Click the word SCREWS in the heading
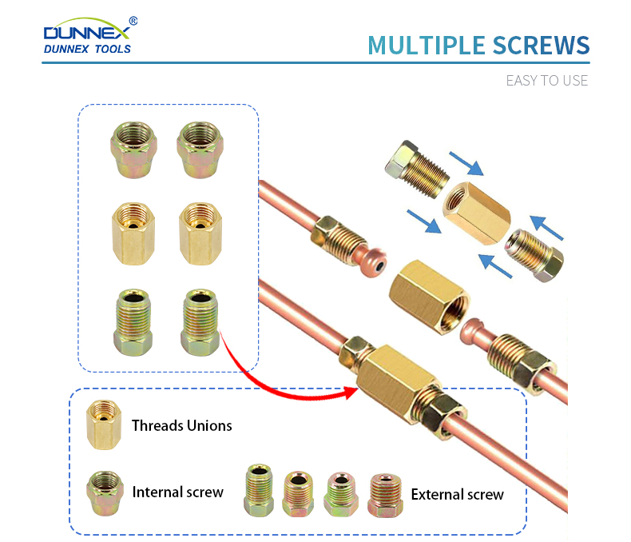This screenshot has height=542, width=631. (542, 45)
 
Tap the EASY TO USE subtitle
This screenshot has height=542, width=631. (547, 81)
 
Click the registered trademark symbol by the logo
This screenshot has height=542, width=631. (133, 21)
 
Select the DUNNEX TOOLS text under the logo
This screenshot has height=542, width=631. (87, 49)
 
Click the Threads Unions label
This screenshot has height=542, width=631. (182, 425)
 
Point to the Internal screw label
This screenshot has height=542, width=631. (177, 492)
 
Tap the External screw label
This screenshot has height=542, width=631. (457, 495)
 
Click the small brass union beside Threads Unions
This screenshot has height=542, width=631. (104, 424)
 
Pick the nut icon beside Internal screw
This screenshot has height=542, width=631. (105, 493)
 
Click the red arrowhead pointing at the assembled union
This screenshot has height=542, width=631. (351, 393)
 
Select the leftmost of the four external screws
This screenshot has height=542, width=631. (259, 490)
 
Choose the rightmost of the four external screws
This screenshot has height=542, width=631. (385, 496)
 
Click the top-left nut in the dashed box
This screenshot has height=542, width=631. (133, 149)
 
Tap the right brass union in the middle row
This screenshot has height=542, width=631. (200, 233)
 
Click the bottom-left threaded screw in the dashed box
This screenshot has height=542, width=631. (133, 322)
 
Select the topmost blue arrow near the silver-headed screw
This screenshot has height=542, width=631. (466, 163)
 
